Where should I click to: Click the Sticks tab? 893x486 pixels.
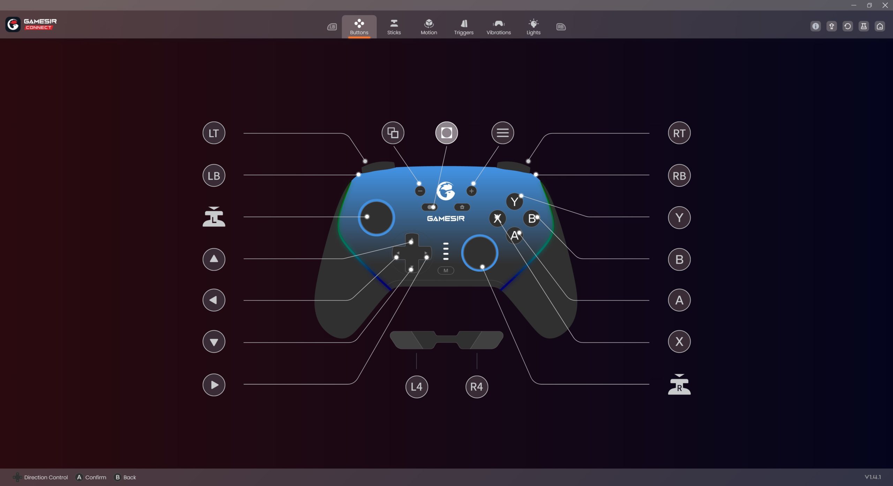(394, 27)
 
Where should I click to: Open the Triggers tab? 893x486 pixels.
(464, 27)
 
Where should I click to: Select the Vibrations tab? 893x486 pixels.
(498, 27)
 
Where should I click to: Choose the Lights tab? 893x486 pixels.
(533, 27)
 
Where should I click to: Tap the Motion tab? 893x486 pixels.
(429, 27)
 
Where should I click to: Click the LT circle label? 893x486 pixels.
(214, 133)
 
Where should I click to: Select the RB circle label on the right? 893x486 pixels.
(679, 176)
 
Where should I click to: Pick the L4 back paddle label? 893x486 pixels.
(417, 387)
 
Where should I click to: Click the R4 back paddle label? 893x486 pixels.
(476, 387)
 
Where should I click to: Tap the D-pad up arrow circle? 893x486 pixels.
(214, 259)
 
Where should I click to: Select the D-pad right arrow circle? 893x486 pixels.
(214, 385)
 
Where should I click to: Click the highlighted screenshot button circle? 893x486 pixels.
(446, 133)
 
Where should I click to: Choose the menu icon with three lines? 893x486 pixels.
(503, 133)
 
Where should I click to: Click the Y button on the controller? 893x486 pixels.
(515, 201)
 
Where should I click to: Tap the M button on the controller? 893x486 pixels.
(446, 271)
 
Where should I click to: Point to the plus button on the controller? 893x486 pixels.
(472, 191)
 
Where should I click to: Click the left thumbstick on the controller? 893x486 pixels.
(376, 218)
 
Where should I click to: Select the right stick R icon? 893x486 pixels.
(679, 384)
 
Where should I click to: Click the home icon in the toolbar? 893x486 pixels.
(880, 26)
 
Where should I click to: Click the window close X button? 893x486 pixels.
(885, 5)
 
